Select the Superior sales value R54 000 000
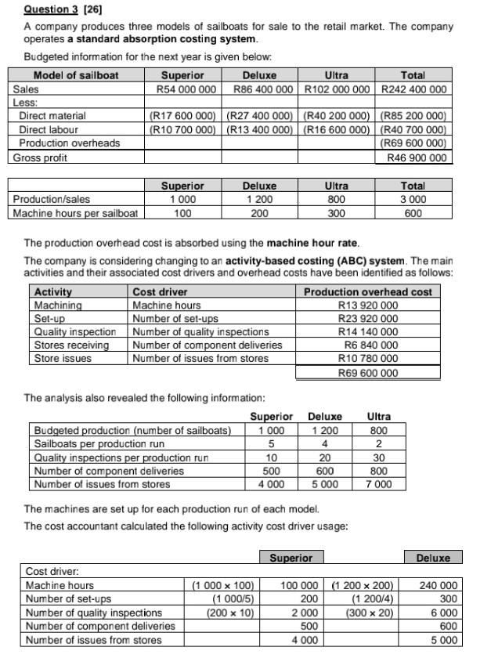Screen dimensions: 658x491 point(182,89)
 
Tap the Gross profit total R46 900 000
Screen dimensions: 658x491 point(417,157)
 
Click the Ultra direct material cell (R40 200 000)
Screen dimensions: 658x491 point(336,116)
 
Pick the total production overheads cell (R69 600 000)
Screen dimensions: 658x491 point(413,143)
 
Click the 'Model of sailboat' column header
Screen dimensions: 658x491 point(76,75)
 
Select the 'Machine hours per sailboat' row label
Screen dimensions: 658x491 point(76,212)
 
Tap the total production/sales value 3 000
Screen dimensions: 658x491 point(413,199)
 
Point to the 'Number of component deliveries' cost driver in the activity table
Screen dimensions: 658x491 point(207,345)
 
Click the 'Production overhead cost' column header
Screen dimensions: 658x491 point(367,291)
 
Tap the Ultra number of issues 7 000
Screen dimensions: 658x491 point(378,484)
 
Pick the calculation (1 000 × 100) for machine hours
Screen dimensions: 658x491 point(225,585)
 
